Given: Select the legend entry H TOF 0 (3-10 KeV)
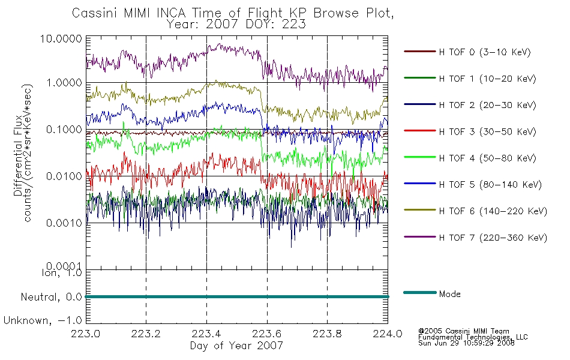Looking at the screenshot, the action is pos(485,52).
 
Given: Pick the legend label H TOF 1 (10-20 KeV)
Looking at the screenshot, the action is pos(487,79).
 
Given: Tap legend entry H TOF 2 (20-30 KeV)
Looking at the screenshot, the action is pos(487,105).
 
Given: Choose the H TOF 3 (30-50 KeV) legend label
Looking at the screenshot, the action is pos(487,131).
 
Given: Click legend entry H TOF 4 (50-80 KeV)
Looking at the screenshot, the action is pos(487,158).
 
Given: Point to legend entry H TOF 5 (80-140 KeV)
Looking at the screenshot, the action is pos(490,185).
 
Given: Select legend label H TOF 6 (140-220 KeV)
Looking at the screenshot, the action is pos(493,211).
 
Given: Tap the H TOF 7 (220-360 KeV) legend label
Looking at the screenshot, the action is pos(493,238).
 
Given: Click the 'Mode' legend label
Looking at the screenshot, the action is pos(449,294).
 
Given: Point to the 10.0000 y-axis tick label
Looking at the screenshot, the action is pos(61,38).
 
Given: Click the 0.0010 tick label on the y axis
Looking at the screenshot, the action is pos(64,223).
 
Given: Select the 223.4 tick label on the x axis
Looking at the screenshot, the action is pos(206,334).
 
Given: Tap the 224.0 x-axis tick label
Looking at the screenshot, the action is pos(388,334).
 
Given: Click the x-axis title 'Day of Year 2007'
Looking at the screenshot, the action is pos(236,346).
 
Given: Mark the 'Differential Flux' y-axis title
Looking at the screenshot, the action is pos(18,155).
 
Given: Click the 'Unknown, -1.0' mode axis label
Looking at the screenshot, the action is pos(43,321).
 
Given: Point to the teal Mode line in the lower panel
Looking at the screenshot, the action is pos(237,297).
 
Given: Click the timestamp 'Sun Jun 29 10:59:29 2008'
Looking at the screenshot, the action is pos(466,343).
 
